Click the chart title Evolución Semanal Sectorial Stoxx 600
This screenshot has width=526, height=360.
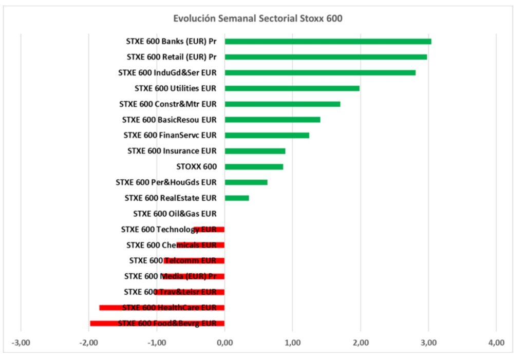(257, 19)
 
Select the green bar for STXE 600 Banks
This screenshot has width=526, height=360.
(328, 41)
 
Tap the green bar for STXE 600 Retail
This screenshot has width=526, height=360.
(326, 57)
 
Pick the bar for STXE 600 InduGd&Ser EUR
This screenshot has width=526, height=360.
(320, 72)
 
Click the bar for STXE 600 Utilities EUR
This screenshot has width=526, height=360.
(292, 88)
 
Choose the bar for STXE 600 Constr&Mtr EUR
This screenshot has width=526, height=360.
(283, 104)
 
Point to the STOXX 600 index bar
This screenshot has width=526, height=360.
(254, 166)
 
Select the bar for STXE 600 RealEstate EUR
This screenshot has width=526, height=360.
(237, 198)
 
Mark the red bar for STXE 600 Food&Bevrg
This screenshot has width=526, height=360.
(157, 323)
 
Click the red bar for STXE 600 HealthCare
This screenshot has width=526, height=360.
(161, 308)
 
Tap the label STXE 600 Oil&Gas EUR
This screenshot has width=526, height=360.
(175, 214)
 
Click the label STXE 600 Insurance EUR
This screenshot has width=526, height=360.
(172, 151)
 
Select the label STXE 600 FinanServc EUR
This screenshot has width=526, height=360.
(170, 135)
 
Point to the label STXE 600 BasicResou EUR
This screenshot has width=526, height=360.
(169, 120)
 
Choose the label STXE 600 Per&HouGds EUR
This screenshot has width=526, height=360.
(166, 182)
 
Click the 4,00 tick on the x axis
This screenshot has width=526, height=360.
(496, 342)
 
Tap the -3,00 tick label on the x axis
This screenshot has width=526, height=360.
(21, 342)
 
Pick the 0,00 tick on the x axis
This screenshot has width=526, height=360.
(224, 342)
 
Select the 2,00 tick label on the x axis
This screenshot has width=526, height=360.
(360, 342)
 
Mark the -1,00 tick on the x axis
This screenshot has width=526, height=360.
(156, 342)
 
